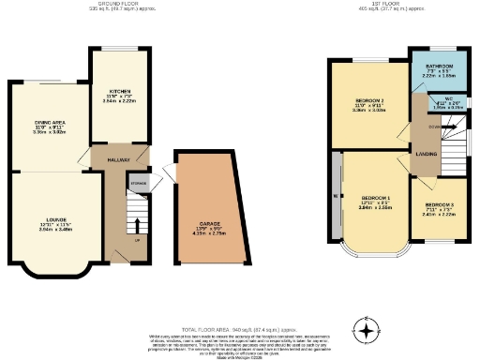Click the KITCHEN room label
(119, 91)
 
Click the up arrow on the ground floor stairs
(139, 225)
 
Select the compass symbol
(367, 328)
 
